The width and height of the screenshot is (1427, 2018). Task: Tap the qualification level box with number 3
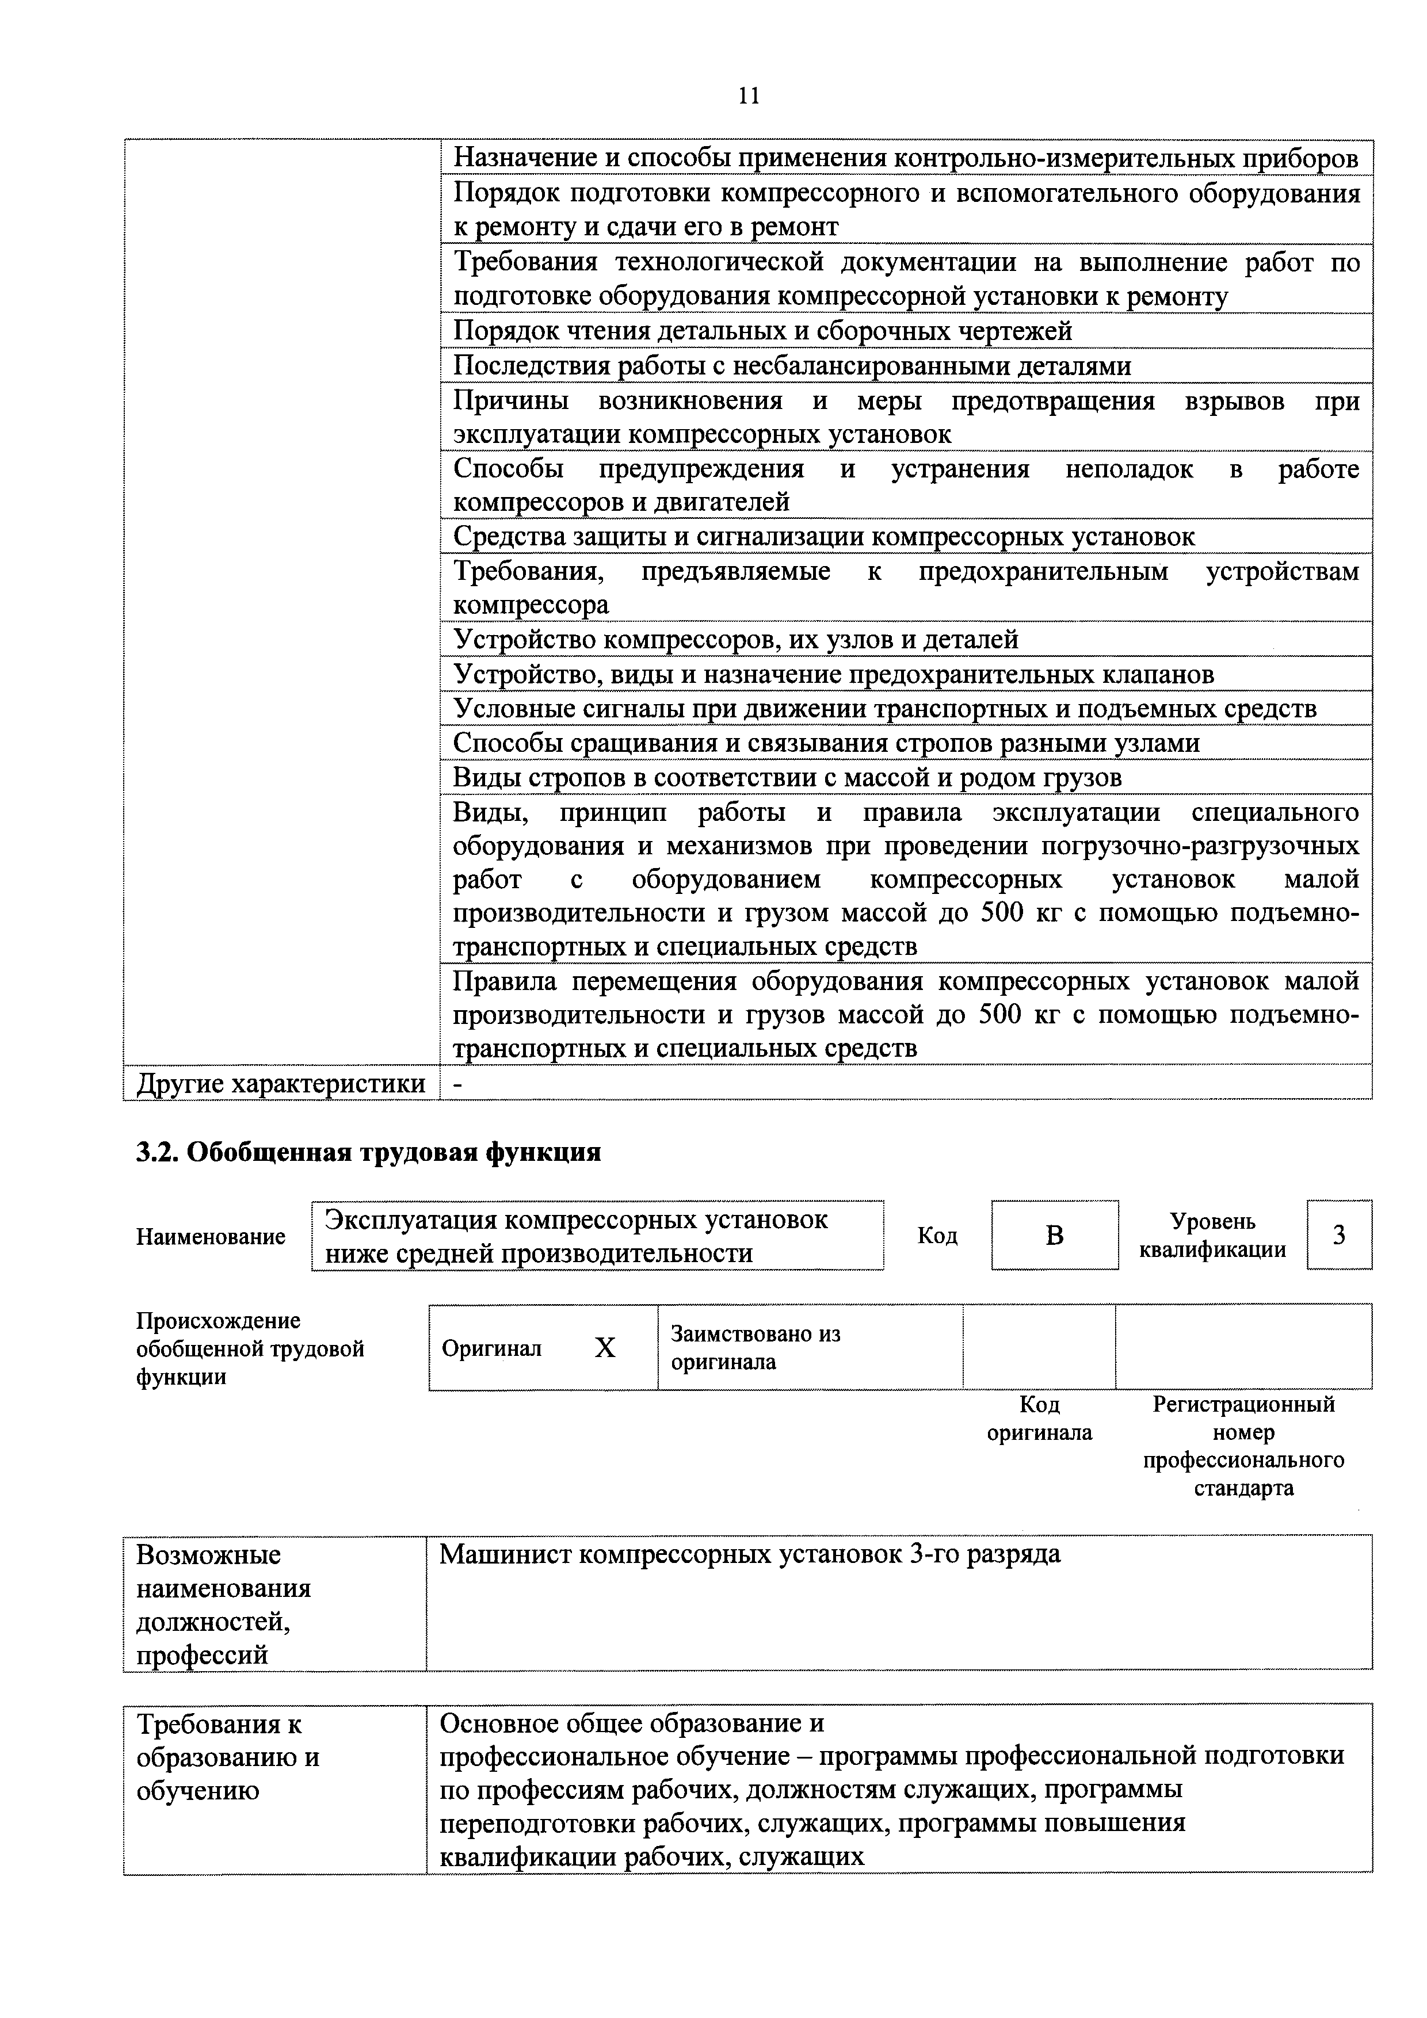click(1338, 1235)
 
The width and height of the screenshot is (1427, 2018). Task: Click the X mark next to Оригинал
click(605, 1348)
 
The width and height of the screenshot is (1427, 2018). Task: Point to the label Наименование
click(211, 1237)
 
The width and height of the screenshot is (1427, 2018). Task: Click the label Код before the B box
click(937, 1236)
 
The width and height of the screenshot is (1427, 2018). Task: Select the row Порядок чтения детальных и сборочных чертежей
click(762, 331)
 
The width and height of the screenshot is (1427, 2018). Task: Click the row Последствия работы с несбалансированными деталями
click(791, 366)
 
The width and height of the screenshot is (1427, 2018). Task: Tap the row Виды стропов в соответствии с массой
click(787, 777)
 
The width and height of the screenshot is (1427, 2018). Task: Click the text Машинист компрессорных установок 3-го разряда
click(750, 1554)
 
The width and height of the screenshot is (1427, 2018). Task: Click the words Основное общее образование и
click(631, 1723)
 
